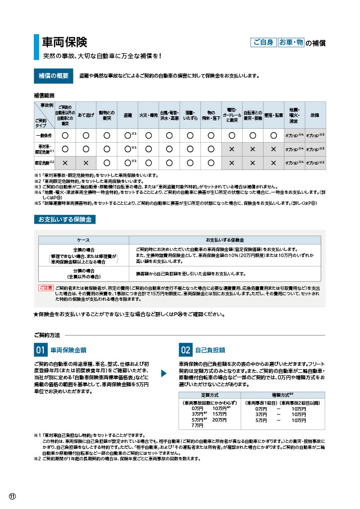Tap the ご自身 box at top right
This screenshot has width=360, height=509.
[x=263, y=42]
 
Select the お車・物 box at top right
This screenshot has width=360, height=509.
[x=290, y=42]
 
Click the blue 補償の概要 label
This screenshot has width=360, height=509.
[x=53, y=76]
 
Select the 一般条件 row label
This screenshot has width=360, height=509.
[x=44, y=135]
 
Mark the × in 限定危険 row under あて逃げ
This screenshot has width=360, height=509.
[x=86, y=163]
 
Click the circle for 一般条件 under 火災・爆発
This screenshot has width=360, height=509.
[x=148, y=135]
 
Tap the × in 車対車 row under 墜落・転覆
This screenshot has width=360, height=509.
[x=273, y=149]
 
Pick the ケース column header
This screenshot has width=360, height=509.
[x=84, y=240]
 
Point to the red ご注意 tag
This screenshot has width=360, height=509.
[x=46, y=288]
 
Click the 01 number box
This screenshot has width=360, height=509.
[x=40, y=350]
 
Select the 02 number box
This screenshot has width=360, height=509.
[x=185, y=350]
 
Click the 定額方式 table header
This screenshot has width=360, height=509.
[x=209, y=396]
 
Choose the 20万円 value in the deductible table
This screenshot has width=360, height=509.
[x=219, y=420]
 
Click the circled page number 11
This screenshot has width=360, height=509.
[x=12, y=497]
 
